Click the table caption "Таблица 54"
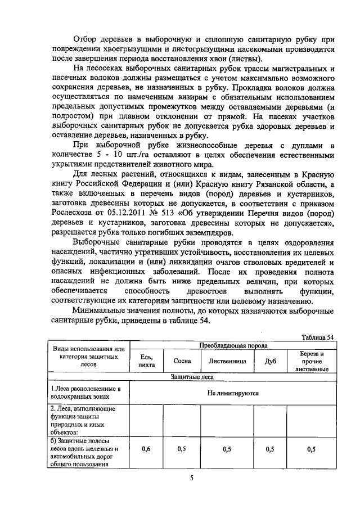click(318, 337)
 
